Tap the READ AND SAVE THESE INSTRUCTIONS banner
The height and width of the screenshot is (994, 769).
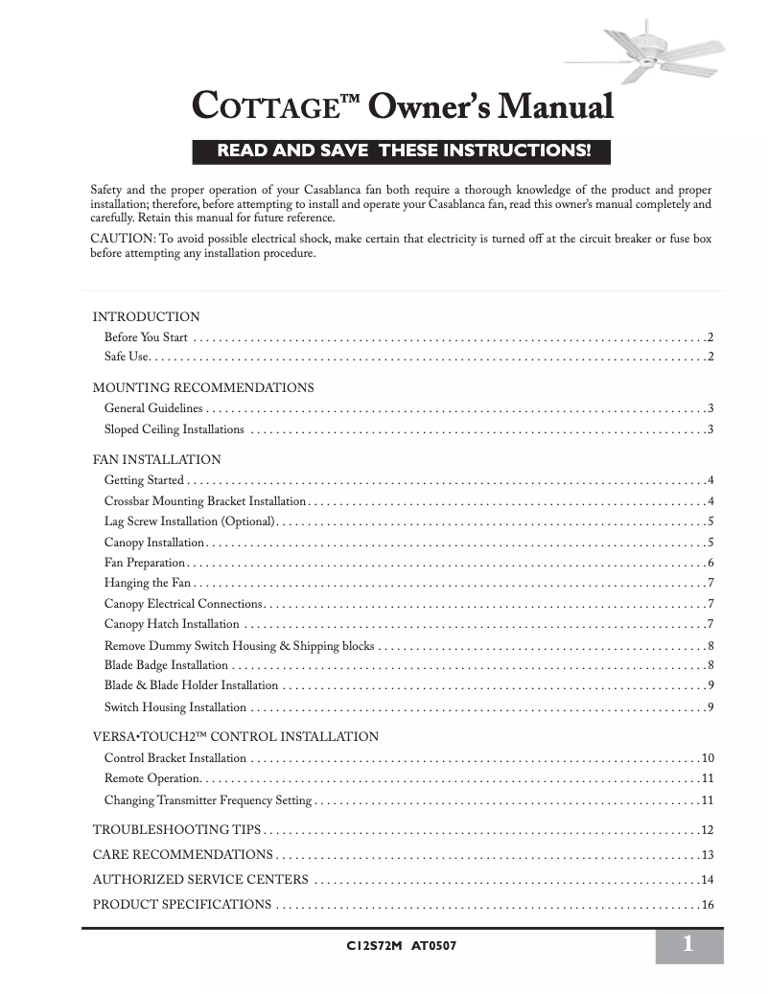(x=402, y=151)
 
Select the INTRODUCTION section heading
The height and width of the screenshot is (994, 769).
(x=146, y=316)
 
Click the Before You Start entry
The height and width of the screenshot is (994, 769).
(x=146, y=337)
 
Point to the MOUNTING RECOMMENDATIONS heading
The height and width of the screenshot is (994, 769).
(x=202, y=388)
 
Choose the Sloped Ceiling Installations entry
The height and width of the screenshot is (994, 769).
(x=174, y=429)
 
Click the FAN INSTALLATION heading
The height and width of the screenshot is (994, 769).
(x=156, y=460)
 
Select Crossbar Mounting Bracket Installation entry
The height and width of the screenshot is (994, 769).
(x=204, y=501)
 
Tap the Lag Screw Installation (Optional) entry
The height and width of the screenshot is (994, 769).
(x=190, y=522)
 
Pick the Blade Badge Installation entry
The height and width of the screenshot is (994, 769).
(x=166, y=665)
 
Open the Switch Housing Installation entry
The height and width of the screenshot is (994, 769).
(x=175, y=707)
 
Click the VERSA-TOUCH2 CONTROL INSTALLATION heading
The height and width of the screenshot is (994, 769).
(x=235, y=737)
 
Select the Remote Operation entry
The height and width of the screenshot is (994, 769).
(x=151, y=778)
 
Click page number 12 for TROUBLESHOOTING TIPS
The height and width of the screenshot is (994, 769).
(x=709, y=830)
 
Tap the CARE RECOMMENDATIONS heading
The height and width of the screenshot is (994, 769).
(x=182, y=854)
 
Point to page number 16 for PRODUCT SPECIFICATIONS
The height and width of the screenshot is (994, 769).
(x=709, y=905)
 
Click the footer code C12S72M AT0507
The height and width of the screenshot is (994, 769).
(x=400, y=946)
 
